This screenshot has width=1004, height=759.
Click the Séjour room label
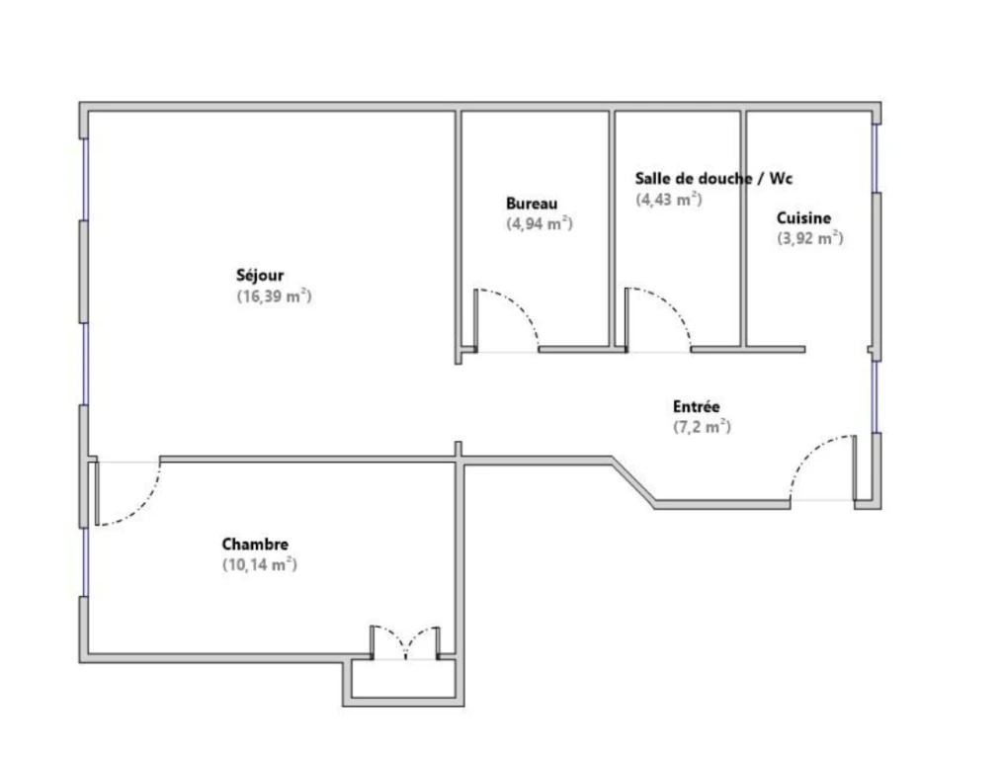pyautogui.click(x=259, y=276)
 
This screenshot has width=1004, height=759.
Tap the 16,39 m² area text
pyautogui.click(x=274, y=295)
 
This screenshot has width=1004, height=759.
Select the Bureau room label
pyautogui.click(x=532, y=204)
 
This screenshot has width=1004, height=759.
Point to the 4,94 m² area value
pyautogui.click(x=540, y=223)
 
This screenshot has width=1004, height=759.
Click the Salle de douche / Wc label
pyautogui.click(x=713, y=178)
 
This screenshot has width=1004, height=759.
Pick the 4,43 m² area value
pyautogui.click(x=668, y=200)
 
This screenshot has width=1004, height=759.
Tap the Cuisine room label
pyautogui.click(x=803, y=217)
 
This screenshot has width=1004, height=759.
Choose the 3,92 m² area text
pyautogui.click(x=810, y=238)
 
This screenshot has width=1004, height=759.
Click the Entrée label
pyautogui.click(x=696, y=406)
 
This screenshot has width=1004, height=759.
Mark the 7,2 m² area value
pyautogui.click(x=702, y=427)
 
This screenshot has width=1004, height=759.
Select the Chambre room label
pyautogui.click(x=255, y=545)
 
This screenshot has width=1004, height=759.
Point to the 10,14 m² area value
pyautogui.click(x=259, y=565)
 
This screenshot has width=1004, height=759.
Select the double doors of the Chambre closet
pyautogui.click(x=405, y=641)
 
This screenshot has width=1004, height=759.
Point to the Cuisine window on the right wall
pyautogui.click(x=875, y=157)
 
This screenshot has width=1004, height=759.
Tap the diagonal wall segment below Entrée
pyautogui.click(x=633, y=481)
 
